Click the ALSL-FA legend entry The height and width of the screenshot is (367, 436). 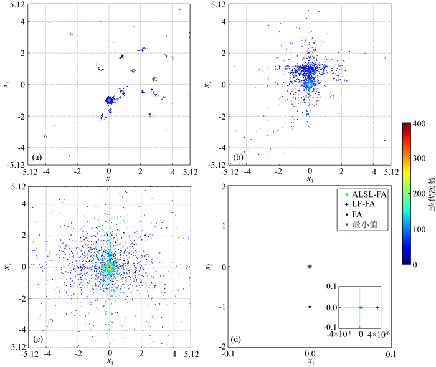coord(367,195)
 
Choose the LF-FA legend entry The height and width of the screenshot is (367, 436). coord(365,205)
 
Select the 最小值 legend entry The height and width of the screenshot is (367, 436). coord(364,224)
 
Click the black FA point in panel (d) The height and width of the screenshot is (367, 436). coord(310,307)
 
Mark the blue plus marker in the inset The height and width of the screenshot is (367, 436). coord(377,307)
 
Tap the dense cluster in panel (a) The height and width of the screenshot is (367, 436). coord(109,100)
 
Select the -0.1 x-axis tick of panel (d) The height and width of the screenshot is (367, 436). coord(229,353)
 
